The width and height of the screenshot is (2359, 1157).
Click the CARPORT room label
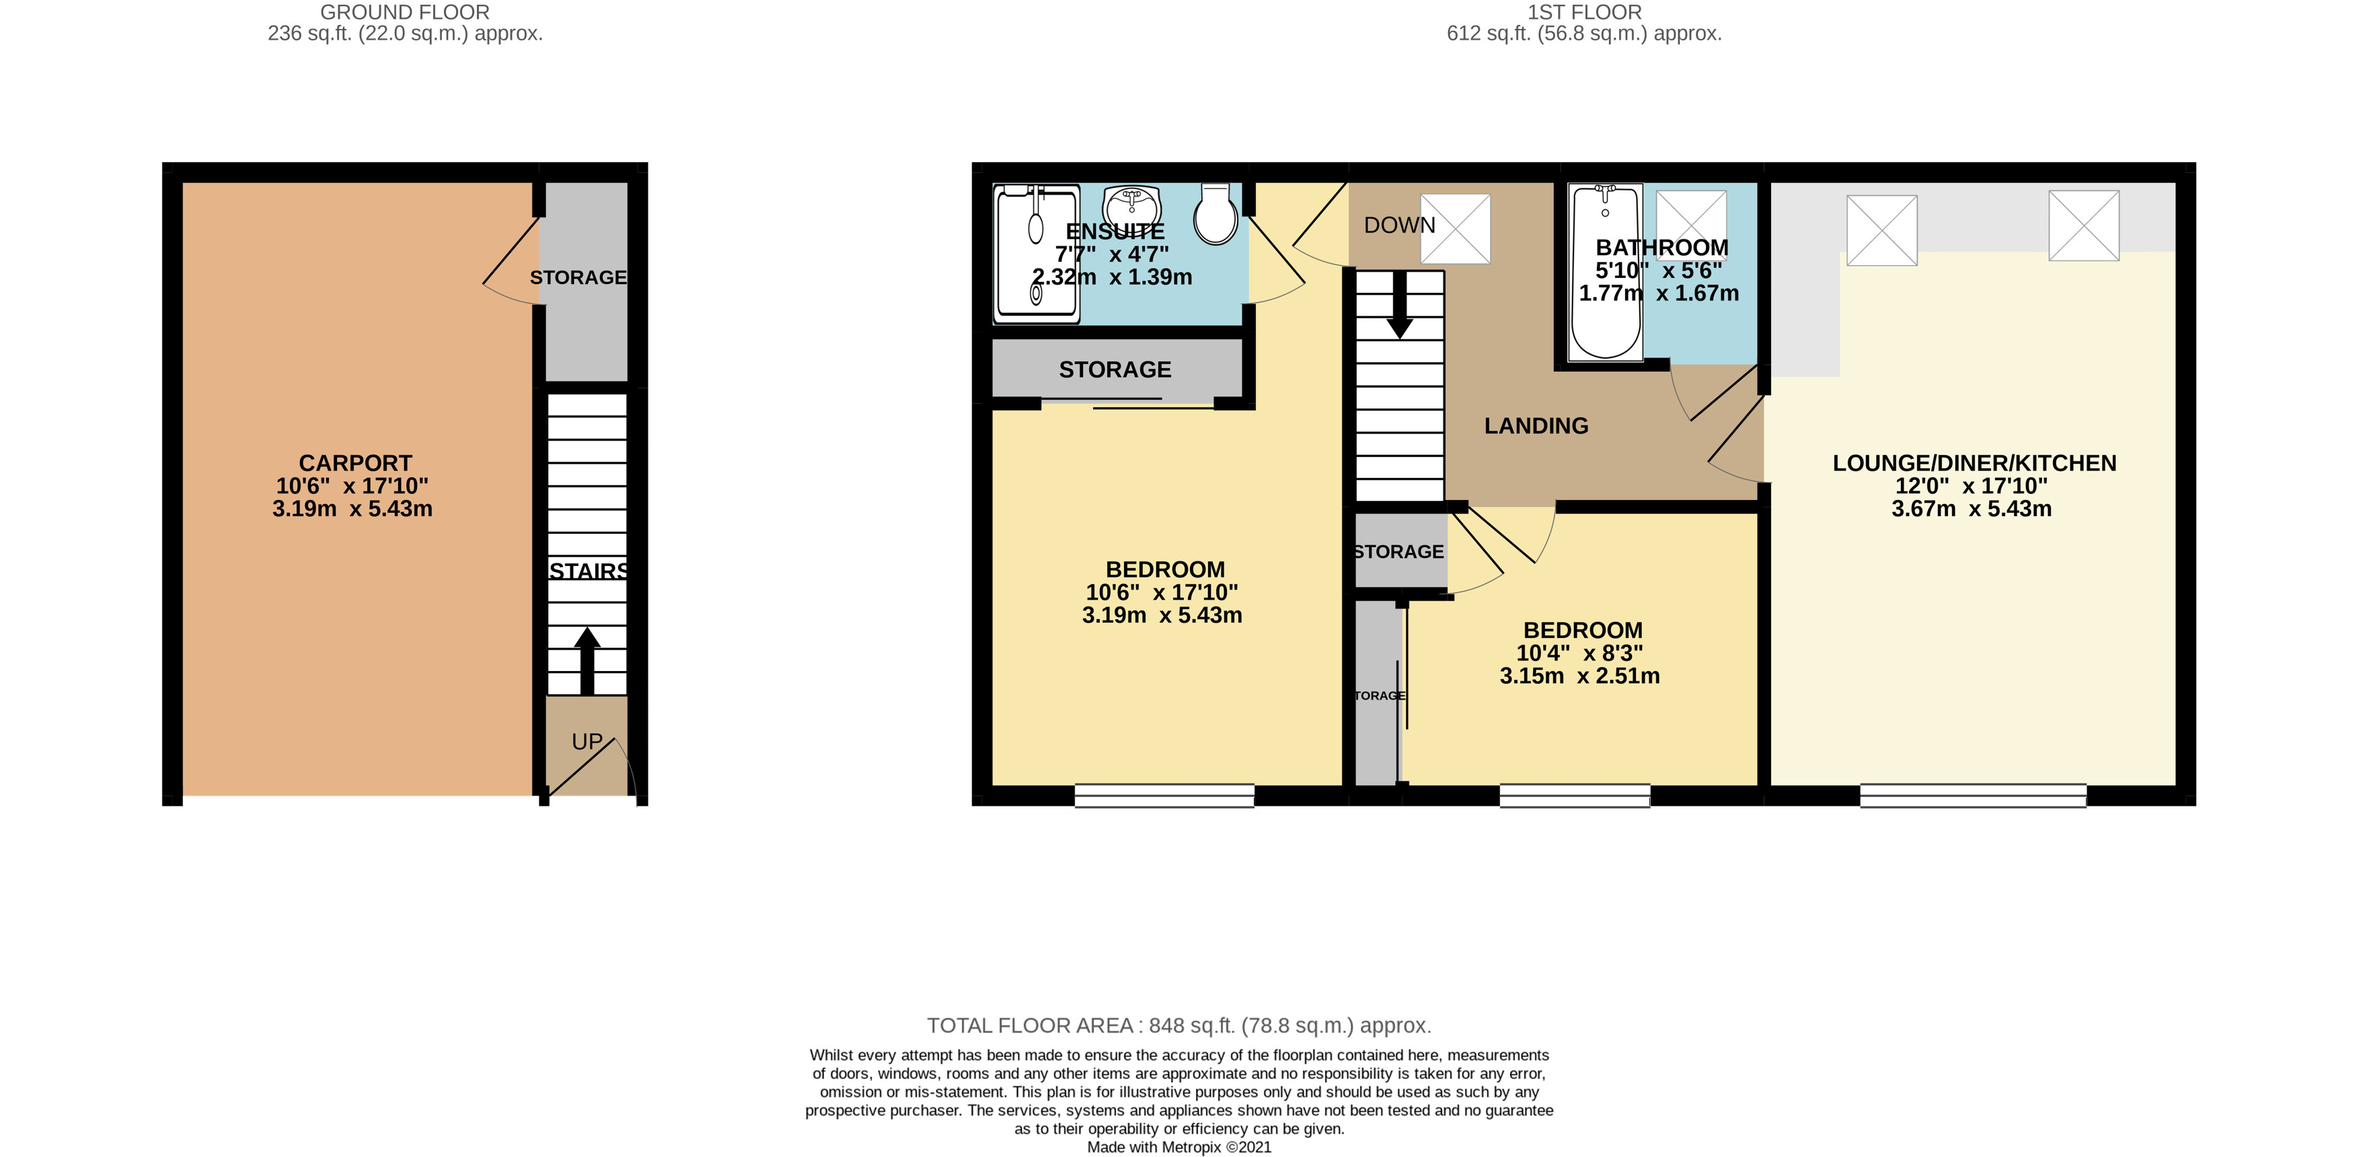tap(355, 464)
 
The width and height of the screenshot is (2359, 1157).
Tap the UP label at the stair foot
tap(587, 742)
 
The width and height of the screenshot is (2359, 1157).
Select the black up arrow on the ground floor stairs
tap(587, 660)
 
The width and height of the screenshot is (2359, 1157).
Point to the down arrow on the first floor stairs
tap(1399, 305)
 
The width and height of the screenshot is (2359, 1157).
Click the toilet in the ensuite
tap(1216, 214)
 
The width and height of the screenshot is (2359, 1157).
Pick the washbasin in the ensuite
tap(1132, 205)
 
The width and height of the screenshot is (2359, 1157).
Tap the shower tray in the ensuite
tap(1037, 254)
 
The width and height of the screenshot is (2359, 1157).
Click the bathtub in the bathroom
tap(1606, 272)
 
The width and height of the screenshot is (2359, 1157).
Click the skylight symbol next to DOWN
tap(1455, 229)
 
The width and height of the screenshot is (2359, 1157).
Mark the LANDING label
tap(1536, 426)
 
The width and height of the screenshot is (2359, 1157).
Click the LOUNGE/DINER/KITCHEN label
tap(1974, 464)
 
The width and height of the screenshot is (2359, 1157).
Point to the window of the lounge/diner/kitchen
tap(1974, 796)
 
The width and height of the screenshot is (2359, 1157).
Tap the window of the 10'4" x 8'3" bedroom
tap(1575, 796)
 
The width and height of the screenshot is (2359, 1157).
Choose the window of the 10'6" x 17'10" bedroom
tap(1164, 796)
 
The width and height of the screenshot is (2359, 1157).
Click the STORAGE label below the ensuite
tap(1115, 370)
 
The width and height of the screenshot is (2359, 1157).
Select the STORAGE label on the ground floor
tap(578, 277)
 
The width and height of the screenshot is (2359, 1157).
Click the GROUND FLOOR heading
tap(405, 13)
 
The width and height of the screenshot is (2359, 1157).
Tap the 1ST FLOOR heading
tap(1584, 13)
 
